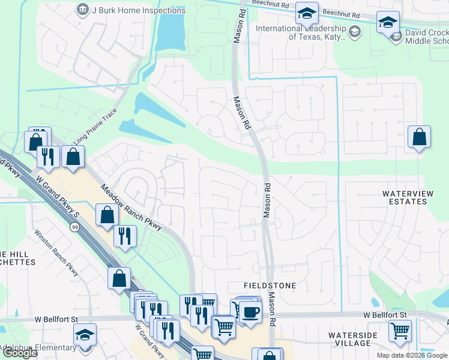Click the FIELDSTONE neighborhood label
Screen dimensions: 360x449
tap(270, 286)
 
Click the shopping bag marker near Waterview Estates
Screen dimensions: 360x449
tap(419, 137)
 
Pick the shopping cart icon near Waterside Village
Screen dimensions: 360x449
tap(400, 330)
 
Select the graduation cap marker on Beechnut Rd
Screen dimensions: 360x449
tap(307, 14)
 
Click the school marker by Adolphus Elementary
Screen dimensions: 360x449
tap(85, 334)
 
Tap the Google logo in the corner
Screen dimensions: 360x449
tap(20, 353)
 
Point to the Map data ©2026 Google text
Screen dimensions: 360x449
tap(412, 355)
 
